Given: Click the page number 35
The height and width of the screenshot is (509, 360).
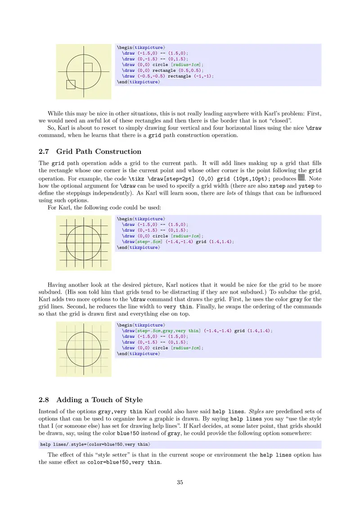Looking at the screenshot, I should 180,482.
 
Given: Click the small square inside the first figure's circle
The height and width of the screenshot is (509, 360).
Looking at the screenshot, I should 88,67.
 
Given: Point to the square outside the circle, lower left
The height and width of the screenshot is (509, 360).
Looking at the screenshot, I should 71,84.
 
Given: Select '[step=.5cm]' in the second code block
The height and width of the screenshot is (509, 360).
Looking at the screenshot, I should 149,241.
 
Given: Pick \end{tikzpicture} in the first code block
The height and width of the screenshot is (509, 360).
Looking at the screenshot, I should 138,82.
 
